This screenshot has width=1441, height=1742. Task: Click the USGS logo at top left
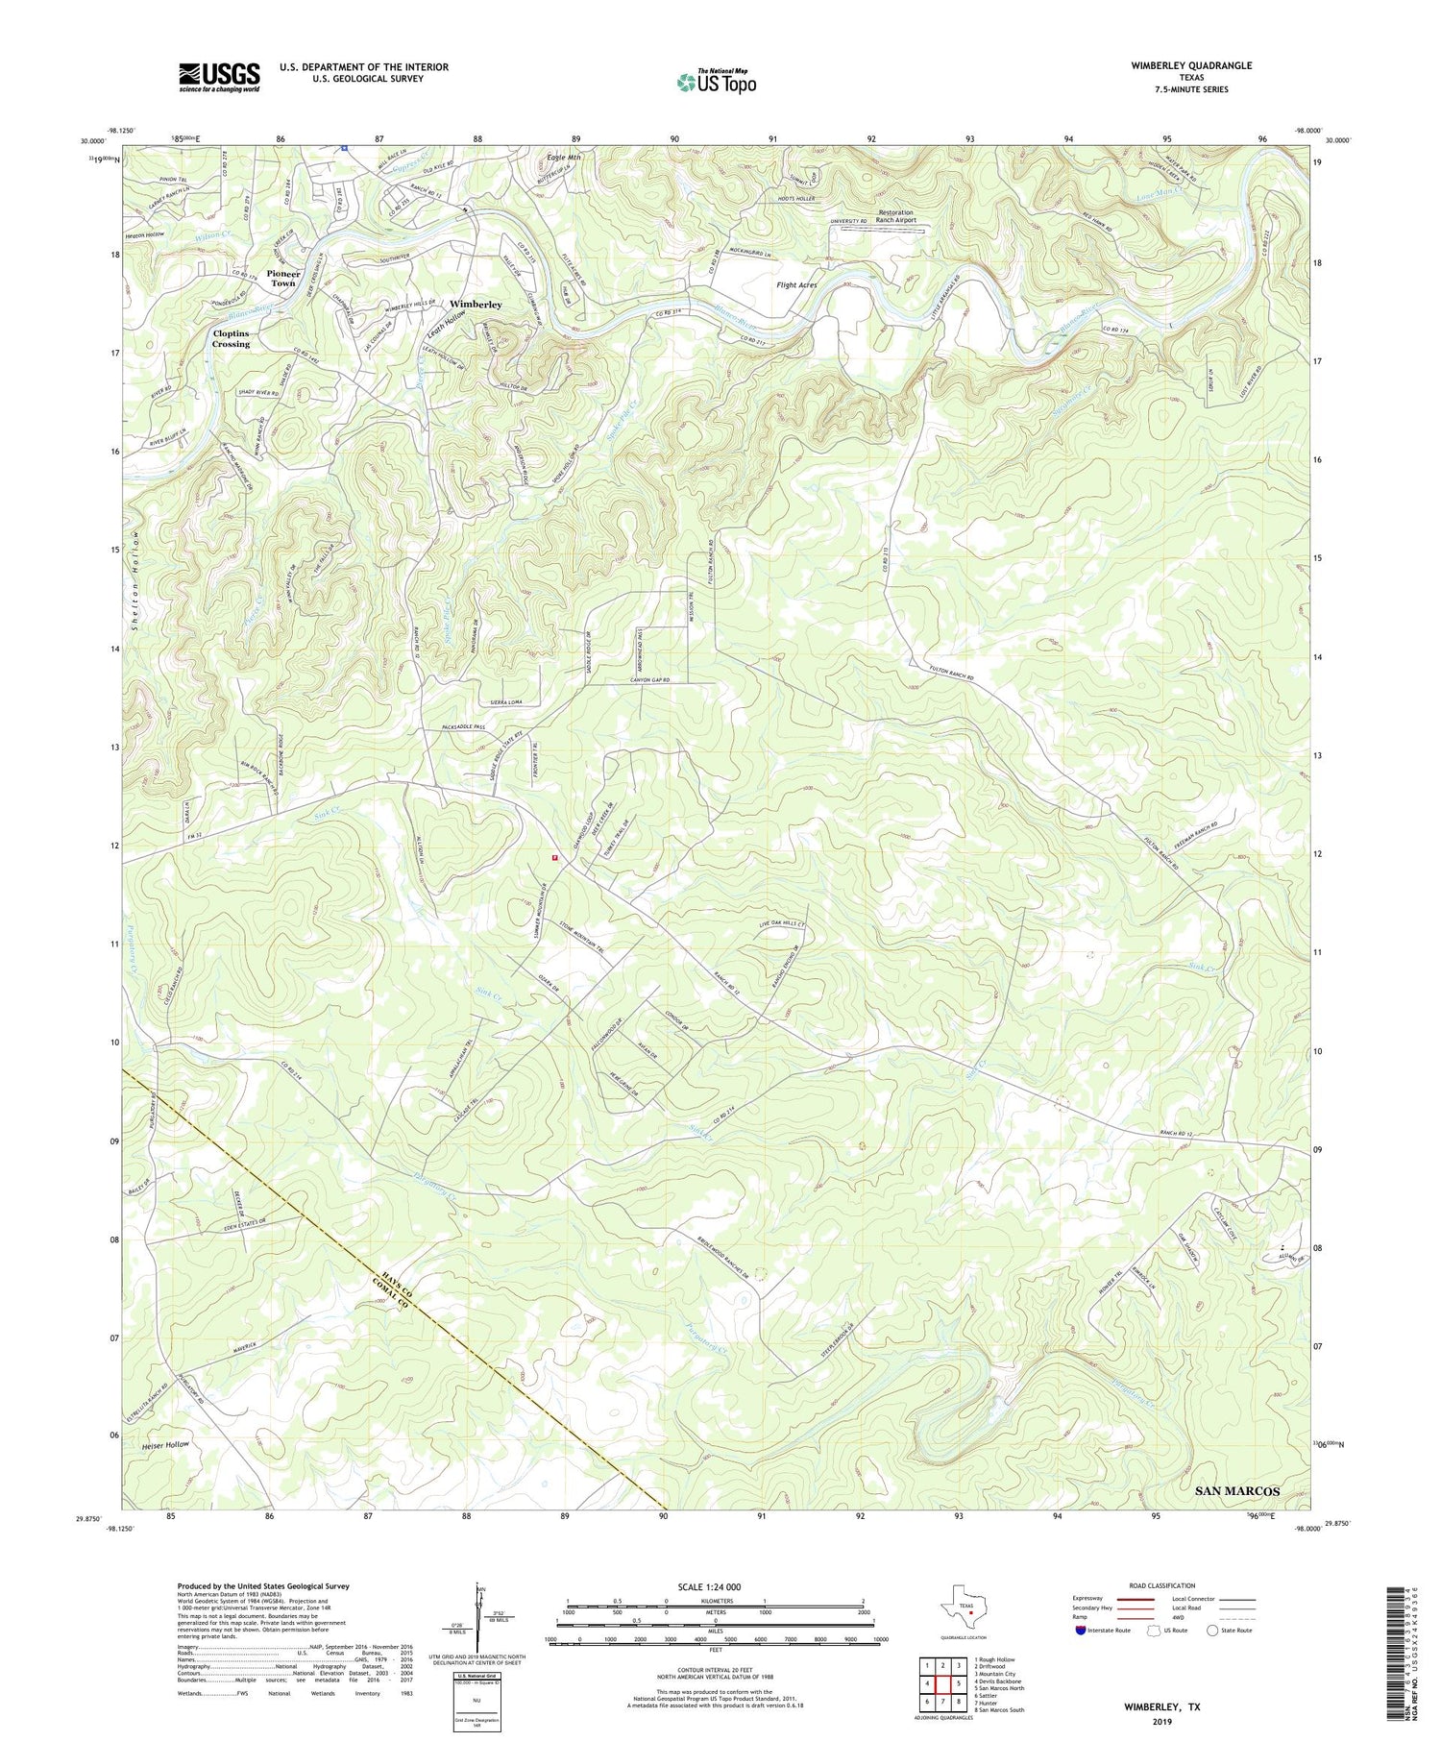pyautogui.click(x=219, y=77)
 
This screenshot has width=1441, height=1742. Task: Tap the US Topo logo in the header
pyautogui.click(x=716, y=83)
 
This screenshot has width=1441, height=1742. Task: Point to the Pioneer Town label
pyautogui.click(x=283, y=279)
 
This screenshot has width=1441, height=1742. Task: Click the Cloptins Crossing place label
pyautogui.click(x=231, y=338)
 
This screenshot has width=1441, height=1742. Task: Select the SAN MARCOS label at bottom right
pyautogui.click(x=1236, y=1490)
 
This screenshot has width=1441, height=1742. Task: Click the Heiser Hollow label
pyautogui.click(x=164, y=1444)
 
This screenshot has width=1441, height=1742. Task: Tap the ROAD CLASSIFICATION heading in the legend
pyautogui.click(x=1162, y=1585)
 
